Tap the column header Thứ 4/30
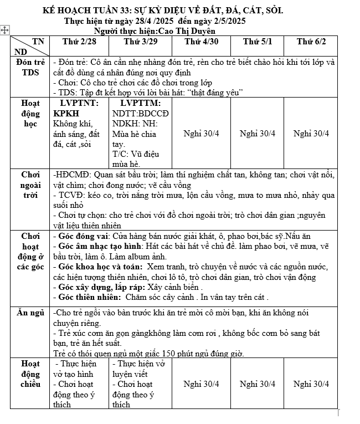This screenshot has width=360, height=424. pos(201,42)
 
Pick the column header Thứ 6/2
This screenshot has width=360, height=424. pos(311,42)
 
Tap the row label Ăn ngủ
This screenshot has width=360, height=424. pos(30,313)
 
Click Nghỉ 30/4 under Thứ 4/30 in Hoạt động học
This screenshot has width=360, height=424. pos(201,133)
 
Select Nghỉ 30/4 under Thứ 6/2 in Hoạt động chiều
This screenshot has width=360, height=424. pos(311,384)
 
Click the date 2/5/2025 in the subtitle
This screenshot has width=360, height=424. pos(222,21)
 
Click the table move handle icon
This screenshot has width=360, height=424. pos(5,32)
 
